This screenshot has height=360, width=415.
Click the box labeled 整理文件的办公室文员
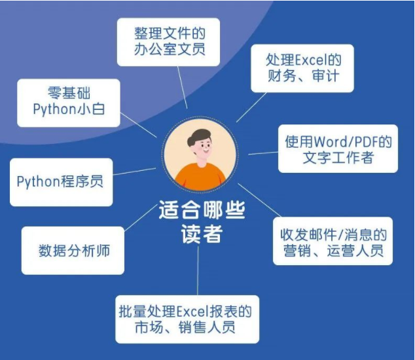(x=168, y=41)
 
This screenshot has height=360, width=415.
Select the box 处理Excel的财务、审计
(x=303, y=68)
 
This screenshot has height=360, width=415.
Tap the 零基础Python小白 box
(x=69, y=101)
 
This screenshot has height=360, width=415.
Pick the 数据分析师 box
(x=73, y=250)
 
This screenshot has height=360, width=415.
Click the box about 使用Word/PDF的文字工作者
(x=338, y=149)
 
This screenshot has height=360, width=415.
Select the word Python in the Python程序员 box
(x=39, y=181)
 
